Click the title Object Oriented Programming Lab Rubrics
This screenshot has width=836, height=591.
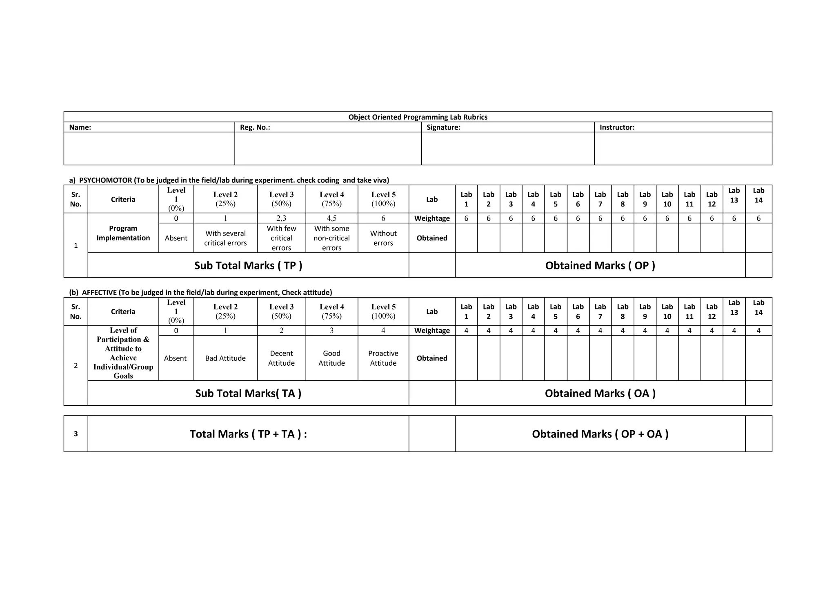coord(418,117)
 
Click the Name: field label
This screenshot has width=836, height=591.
coord(80,127)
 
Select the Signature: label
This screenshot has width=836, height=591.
coord(443,127)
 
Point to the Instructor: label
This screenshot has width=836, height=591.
coord(617,127)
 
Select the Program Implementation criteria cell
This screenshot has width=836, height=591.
coord(123,233)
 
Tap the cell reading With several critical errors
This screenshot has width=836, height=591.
coord(225,238)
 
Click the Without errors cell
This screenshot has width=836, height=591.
coord(383,238)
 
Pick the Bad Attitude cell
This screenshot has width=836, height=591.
coord(225,358)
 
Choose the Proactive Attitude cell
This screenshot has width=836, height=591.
coord(383,358)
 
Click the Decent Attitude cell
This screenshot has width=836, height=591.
coord(281,358)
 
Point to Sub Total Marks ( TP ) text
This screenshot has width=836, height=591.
coord(248,266)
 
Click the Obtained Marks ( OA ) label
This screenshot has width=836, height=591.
coord(600,393)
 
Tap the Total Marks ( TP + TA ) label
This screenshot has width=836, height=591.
coord(248,434)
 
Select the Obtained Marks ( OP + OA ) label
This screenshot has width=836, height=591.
coord(600,434)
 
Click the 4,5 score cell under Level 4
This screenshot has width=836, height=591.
coord(331,218)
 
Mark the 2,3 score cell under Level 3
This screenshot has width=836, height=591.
coord(281,218)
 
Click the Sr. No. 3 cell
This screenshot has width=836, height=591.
coord(76,434)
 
